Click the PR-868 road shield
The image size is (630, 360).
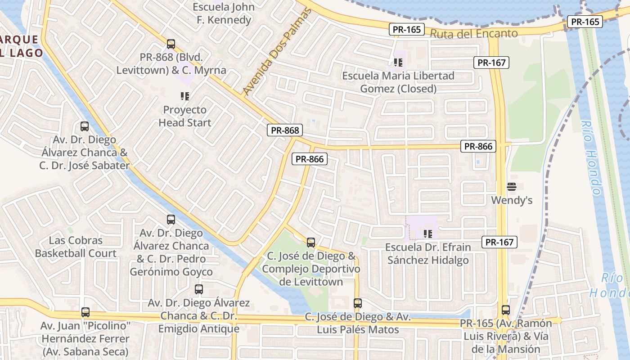tap(285, 130)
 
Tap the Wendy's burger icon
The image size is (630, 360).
tap(511, 186)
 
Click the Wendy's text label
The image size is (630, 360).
tap(512, 200)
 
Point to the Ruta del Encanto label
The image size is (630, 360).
tap(474, 33)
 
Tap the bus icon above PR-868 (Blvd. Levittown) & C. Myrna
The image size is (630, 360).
tap(171, 44)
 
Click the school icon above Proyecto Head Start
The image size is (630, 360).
tap(184, 96)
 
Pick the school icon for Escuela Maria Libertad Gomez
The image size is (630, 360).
tap(398, 62)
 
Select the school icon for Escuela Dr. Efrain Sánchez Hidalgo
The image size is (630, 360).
tap(427, 234)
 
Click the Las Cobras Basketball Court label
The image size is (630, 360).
tap(76, 247)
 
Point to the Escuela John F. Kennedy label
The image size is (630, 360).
tap(224, 13)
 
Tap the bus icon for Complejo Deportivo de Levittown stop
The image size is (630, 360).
tap(311, 243)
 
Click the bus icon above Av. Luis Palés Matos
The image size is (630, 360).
tap(358, 303)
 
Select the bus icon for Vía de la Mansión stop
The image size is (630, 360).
tap(506, 310)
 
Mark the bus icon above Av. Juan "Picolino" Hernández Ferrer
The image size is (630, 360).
tap(85, 312)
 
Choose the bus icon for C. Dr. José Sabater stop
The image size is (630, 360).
tap(85, 126)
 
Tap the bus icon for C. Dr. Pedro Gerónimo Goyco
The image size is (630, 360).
tap(171, 220)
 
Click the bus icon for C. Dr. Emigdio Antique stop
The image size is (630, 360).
tap(199, 289)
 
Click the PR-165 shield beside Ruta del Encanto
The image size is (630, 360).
tap(407, 30)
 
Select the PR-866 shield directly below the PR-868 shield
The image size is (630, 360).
tap(310, 159)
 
